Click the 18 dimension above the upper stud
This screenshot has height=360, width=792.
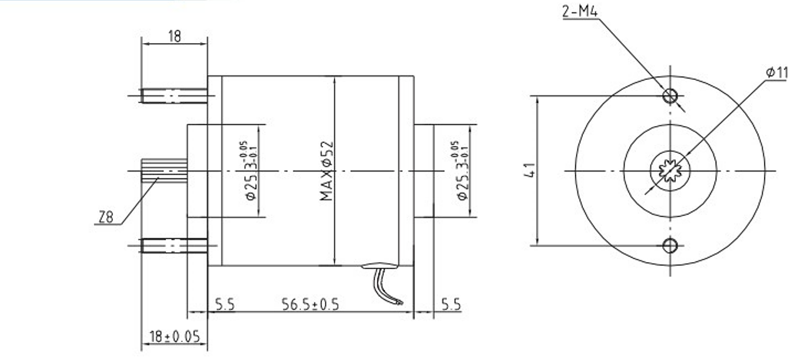pyautogui.click(x=174, y=37)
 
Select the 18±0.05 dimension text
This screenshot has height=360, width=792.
pyautogui.click(x=174, y=337)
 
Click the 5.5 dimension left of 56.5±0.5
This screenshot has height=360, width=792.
pyautogui.click(x=225, y=304)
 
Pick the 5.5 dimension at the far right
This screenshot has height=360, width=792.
pyautogui.click(x=451, y=304)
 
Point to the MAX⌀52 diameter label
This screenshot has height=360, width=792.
pyautogui.click(x=327, y=170)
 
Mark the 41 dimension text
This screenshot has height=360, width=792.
pyautogui.click(x=528, y=170)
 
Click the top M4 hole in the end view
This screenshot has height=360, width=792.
pyautogui.click(x=670, y=95)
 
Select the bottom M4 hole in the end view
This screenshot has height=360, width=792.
pyautogui.click(x=670, y=245)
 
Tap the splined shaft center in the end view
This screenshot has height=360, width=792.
pyautogui.click(x=670, y=170)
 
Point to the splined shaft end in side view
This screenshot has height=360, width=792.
pyautogui.click(x=164, y=170)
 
